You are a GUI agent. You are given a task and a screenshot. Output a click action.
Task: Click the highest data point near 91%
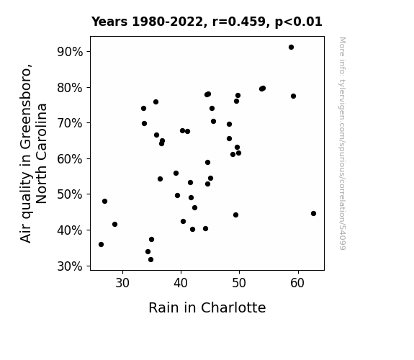[291, 48]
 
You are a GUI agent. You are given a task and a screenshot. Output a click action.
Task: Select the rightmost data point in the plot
[313, 213]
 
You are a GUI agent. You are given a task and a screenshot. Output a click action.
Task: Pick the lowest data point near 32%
[150, 260]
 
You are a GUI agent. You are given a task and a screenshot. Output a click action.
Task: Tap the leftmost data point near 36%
[101, 245]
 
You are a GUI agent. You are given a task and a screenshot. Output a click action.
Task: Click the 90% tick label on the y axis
[70, 52]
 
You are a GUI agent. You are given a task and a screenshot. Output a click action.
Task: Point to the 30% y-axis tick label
[70, 266]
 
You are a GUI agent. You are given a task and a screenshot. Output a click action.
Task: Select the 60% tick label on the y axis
[70, 159]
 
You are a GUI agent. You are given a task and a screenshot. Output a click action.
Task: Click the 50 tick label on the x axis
[239, 283]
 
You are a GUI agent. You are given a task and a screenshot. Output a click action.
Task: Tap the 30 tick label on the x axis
[122, 283]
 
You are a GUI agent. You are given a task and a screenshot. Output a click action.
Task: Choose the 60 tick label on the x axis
[297, 283]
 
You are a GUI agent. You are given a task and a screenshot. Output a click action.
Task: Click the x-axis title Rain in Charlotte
[207, 307]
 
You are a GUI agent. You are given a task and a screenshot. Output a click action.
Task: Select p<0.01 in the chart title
[299, 22]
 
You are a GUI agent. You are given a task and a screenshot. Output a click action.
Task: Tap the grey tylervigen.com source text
[342, 143]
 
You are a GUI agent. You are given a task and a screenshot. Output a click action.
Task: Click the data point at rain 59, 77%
[293, 96]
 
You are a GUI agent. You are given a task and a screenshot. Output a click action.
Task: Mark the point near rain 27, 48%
[105, 202]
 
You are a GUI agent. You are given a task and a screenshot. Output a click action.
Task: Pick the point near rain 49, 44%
[235, 215]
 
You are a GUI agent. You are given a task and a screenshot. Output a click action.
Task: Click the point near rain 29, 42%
[115, 224]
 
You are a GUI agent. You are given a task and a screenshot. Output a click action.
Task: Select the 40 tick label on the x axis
[181, 283]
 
